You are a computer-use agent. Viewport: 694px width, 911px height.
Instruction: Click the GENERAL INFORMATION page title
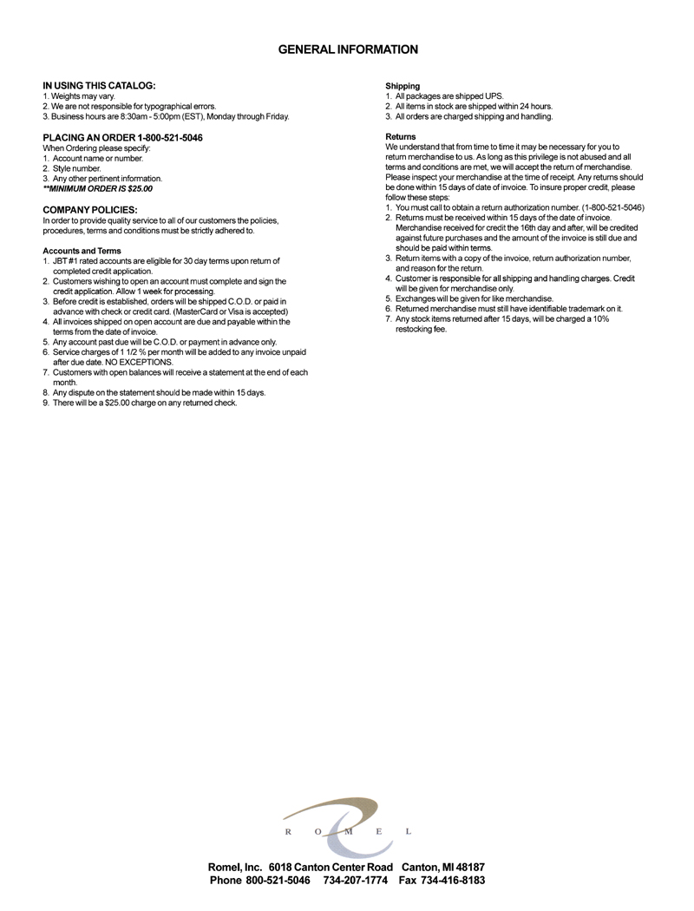click(347, 50)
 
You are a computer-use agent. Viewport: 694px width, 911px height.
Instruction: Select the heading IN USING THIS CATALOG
click(99, 85)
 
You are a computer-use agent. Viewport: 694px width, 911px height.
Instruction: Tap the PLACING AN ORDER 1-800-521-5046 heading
click(122, 138)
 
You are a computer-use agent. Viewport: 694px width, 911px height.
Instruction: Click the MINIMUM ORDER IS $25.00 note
click(97, 188)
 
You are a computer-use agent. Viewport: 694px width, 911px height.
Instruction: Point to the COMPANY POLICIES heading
click(89, 210)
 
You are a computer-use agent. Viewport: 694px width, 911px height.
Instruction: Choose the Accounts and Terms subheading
click(82, 251)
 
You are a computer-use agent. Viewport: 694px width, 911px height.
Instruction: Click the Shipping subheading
click(403, 86)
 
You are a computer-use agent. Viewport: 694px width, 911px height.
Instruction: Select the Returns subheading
click(400, 137)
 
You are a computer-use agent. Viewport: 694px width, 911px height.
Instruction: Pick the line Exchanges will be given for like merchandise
click(474, 298)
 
